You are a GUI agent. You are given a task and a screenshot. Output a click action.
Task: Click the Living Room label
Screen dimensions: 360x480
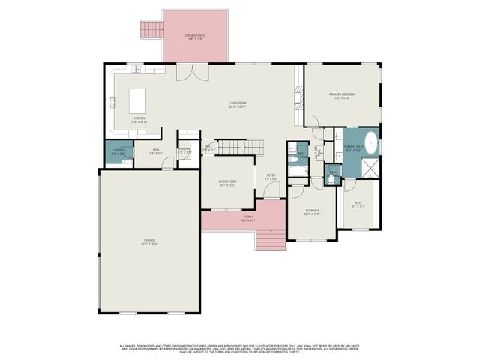[x=238, y=104]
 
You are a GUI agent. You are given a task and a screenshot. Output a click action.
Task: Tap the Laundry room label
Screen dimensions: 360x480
[x=118, y=152]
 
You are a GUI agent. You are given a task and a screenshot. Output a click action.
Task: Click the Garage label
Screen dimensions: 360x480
[x=150, y=241]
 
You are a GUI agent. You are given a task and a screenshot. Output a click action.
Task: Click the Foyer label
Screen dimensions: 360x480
[x=271, y=178]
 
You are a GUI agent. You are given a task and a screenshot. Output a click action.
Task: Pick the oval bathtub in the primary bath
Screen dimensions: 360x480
[x=370, y=142]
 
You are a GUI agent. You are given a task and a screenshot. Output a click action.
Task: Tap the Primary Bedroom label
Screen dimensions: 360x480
[x=341, y=95]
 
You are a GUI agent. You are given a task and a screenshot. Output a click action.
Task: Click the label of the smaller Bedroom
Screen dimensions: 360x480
[x=312, y=212]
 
